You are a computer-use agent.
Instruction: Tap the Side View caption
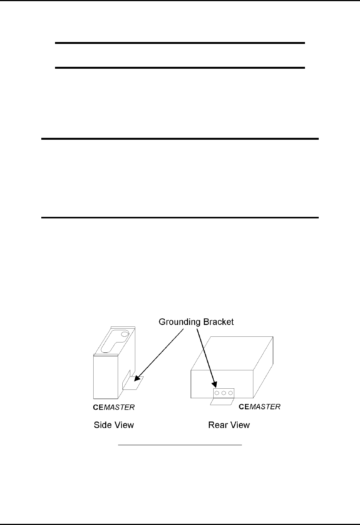114,425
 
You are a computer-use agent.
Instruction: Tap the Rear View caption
229,425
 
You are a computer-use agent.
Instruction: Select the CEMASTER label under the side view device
114,407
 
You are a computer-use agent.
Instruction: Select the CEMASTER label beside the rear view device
259,407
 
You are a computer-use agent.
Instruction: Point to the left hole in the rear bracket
217,393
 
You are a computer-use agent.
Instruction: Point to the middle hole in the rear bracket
224,393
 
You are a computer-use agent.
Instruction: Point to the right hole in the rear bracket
230,393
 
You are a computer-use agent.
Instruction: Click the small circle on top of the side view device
124,335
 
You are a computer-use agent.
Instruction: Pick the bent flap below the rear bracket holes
222,401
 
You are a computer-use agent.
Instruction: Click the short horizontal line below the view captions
180,445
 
